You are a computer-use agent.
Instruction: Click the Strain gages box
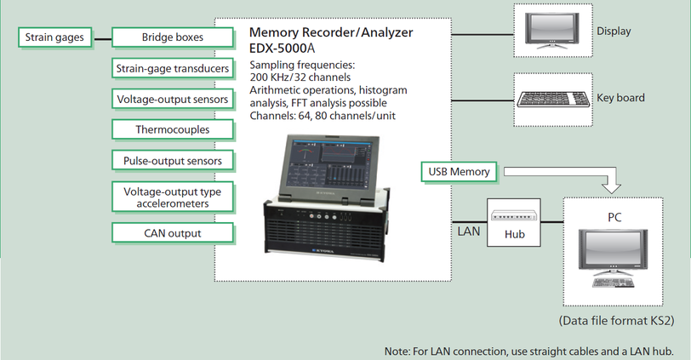click(54, 37)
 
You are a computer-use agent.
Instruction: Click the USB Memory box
click(459, 172)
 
